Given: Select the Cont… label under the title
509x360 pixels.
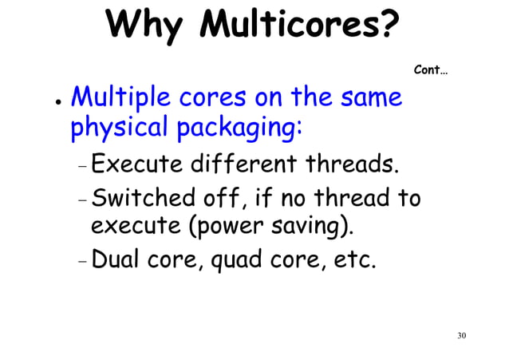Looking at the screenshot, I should pos(431,70).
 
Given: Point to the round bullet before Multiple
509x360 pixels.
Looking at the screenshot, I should pos(47,104).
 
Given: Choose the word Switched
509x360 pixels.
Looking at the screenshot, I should pos(136,197).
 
